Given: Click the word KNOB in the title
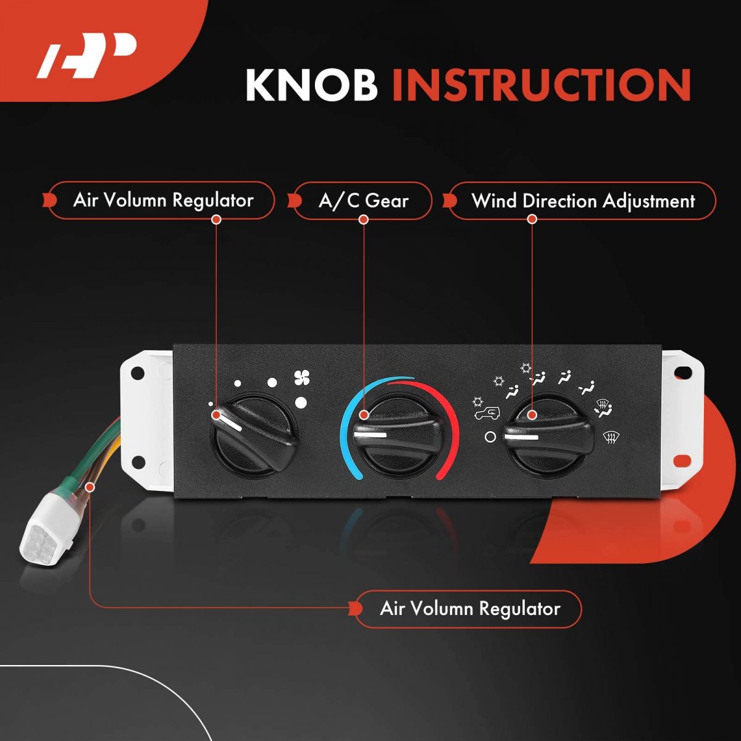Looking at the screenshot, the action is click(x=311, y=85).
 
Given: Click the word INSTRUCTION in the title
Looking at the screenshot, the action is click(x=542, y=85).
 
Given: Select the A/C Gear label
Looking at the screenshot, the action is click(x=363, y=201).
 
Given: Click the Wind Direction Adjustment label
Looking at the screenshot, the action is click(x=582, y=201).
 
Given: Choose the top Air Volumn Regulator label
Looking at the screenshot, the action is click(x=162, y=200).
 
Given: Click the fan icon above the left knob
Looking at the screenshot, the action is click(x=302, y=378).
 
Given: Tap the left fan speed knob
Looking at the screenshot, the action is click(x=253, y=435).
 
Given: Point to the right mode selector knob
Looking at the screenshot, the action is click(x=548, y=435).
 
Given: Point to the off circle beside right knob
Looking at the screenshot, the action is click(x=490, y=437).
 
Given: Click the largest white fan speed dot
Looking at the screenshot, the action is click(x=301, y=402).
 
